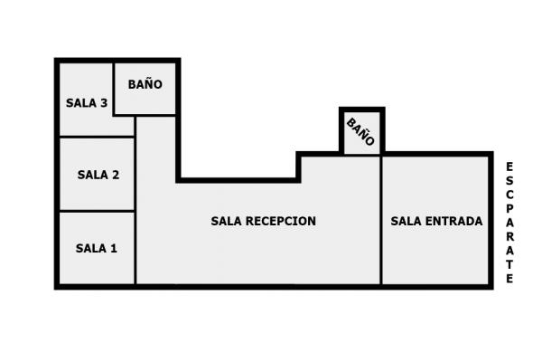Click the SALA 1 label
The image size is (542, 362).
(97, 248)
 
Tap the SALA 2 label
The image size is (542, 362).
(98, 175)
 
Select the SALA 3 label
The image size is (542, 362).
(87, 103)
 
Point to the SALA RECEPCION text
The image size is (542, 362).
(264, 221)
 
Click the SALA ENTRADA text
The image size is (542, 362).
(436, 221)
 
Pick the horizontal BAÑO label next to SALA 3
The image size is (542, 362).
(145, 84)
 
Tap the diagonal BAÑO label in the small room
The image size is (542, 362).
(360, 131)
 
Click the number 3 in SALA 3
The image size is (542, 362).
(104, 103)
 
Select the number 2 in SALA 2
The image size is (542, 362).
(116, 175)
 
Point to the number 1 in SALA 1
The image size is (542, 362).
(114, 248)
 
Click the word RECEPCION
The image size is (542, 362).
(281, 221)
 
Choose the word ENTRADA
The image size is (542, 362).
(453, 221)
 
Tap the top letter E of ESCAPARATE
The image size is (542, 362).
(509, 167)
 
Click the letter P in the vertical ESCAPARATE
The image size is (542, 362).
(509, 208)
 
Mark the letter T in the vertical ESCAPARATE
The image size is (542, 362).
(509, 264)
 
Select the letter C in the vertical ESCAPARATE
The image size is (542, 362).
(509, 195)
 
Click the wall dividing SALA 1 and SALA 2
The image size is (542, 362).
(98, 211)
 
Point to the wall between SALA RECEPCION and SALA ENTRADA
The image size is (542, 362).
(381, 220)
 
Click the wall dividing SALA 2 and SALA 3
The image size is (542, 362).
(98, 138)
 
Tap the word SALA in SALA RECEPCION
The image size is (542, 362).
(227, 221)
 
